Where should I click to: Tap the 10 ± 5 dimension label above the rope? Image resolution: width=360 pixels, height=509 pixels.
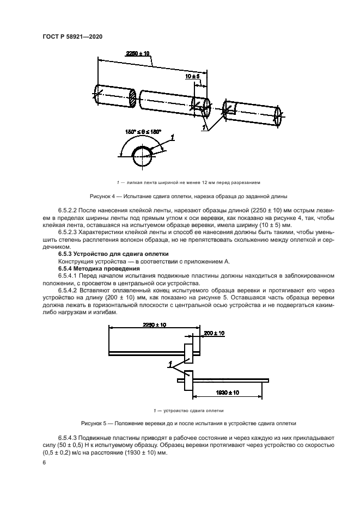(x=193, y=77)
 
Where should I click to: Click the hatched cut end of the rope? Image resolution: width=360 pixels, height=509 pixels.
(x=132, y=99)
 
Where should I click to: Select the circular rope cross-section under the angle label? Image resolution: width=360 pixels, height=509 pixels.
(x=143, y=157)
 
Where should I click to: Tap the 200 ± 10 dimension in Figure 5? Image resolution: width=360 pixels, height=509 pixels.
(x=213, y=332)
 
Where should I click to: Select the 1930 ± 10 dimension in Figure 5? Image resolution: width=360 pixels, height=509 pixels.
(x=227, y=392)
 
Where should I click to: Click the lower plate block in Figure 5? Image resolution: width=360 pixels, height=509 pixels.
(x=188, y=380)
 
